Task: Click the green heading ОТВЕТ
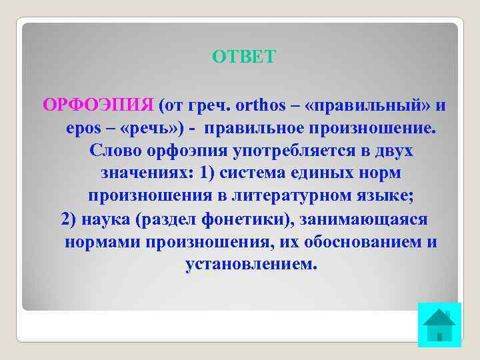(243, 57)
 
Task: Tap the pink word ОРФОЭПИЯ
(98, 105)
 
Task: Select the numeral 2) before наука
(70, 219)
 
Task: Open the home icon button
(439, 325)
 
